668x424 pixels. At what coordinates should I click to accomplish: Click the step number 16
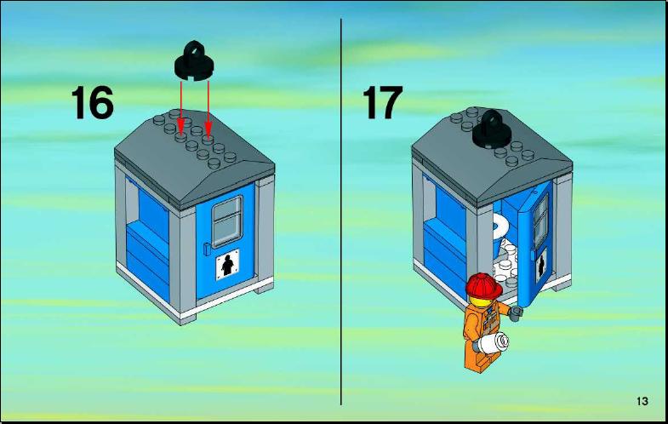coord(93,102)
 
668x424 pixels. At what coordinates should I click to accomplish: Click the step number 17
coord(382,102)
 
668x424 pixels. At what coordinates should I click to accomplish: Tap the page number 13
coord(642,401)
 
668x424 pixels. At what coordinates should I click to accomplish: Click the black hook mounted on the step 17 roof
coord(493,129)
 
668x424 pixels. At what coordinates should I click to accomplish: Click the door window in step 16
coord(227,221)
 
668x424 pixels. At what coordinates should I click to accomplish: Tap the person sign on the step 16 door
coord(228,265)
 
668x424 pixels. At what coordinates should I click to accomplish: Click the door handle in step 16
coord(207,249)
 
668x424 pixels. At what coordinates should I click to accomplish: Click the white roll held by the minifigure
coord(493,342)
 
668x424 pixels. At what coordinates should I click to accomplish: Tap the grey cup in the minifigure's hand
coord(517,313)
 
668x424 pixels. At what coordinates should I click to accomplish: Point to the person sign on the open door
coord(541,266)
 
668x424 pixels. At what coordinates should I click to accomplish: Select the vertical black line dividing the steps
coord(341,212)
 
